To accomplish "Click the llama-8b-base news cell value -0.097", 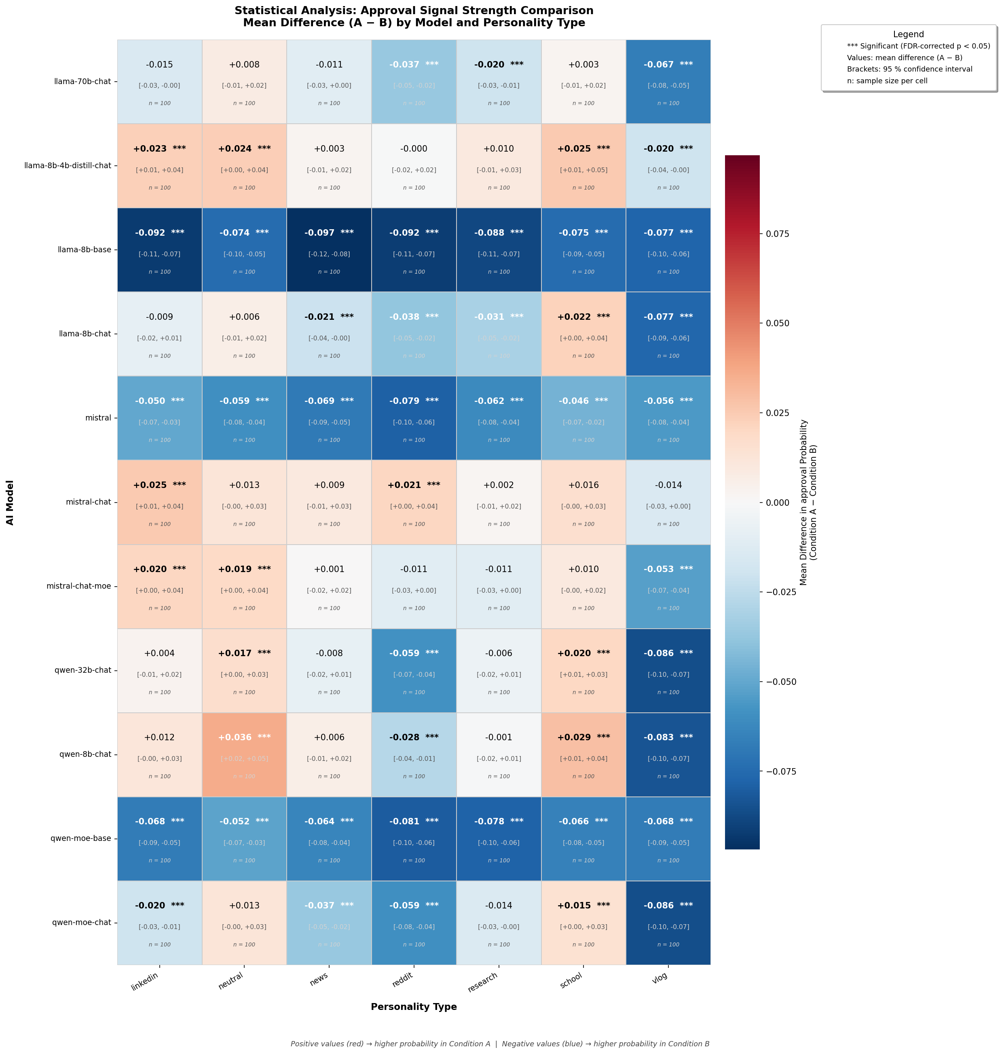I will [319, 233].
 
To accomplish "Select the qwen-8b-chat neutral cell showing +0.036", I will [235, 737].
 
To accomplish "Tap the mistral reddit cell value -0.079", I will [404, 401].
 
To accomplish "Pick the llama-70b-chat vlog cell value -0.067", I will [659, 65].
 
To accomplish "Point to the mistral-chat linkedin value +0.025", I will [150, 485].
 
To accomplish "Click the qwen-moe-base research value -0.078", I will [489, 821].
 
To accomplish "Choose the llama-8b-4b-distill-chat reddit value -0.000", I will [414, 149].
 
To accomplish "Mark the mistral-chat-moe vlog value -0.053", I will [659, 569].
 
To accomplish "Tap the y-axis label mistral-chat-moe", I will [78, 586].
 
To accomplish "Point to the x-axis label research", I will [482, 982].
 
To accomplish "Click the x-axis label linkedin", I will [145, 982].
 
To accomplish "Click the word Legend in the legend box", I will [909, 35].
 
